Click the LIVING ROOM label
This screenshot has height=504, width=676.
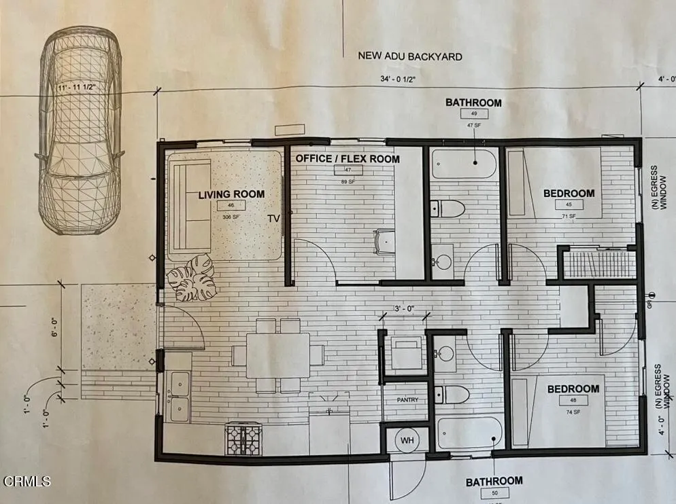pyautogui.click(x=231, y=194)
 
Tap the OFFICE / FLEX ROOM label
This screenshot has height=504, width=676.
pyautogui.click(x=348, y=159)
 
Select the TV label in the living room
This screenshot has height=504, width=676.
pyautogui.click(x=273, y=219)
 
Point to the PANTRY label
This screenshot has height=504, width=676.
pyautogui.click(x=407, y=400)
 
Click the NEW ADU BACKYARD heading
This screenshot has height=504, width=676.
pyautogui.click(x=410, y=56)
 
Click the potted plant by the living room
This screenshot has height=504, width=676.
pyautogui.click(x=191, y=277)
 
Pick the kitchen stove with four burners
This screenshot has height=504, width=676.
pyautogui.click(x=243, y=438)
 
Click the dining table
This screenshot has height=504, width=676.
pyautogui.click(x=278, y=355)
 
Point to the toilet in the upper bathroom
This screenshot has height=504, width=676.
pyautogui.click(x=448, y=208)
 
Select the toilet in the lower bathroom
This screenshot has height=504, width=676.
pyautogui.click(x=452, y=394)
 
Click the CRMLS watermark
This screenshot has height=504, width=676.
pyautogui.click(x=27, y=482)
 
